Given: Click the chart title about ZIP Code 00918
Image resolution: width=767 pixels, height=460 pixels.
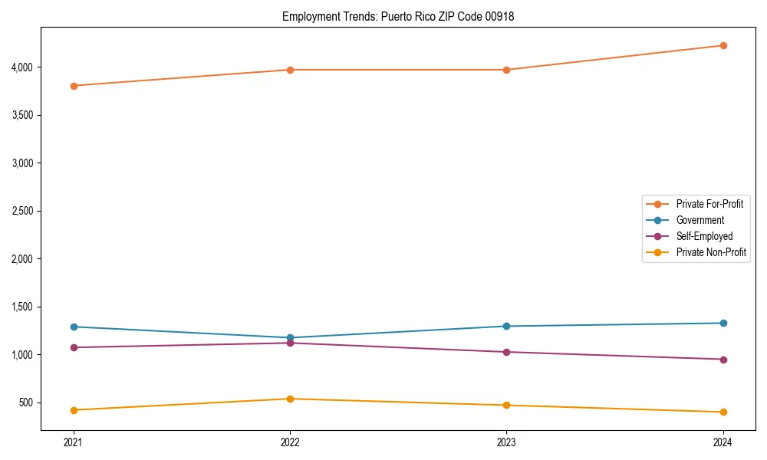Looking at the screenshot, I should (x=397, y=16).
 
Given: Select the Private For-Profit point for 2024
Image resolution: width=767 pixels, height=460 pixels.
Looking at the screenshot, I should (x=723, y=45).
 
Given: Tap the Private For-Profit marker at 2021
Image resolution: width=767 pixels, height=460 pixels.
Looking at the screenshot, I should (x=74, y=86).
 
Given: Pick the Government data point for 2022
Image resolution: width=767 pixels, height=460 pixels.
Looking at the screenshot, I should (x=290, y=337).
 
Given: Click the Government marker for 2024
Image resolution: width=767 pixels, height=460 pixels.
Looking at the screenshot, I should (x=723, y=323).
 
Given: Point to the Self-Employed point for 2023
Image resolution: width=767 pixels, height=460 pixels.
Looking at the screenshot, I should (x=506, y=352).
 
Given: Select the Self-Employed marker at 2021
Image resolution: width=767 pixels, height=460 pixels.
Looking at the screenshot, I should (x=74, y=347).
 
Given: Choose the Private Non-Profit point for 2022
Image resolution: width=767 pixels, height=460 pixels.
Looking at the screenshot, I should (x=290, y=399).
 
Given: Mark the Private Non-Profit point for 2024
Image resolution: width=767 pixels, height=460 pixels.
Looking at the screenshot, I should (x=723, y=412).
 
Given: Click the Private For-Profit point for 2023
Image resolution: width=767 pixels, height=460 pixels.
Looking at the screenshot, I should (x=506, y=70).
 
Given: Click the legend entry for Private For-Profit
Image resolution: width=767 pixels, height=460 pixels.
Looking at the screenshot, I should (x=709, y=204).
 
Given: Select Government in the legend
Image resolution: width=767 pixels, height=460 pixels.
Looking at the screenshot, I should (x=700, y=220).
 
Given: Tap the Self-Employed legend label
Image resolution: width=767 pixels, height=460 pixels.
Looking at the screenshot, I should (x=704, y=236).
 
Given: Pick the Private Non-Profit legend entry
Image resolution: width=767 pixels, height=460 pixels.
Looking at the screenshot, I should (x=711, y=252).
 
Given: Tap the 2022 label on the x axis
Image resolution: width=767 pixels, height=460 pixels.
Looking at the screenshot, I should (x=290, y=442).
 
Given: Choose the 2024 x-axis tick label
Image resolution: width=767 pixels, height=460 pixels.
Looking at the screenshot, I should (x=723, y=442).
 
